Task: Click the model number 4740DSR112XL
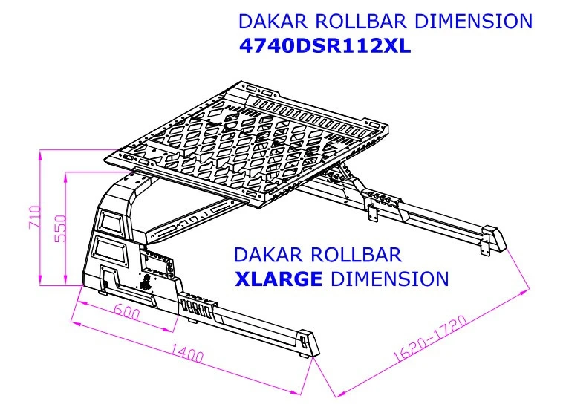pos(325,46)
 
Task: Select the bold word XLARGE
pos(279,279)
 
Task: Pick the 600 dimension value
pos(128,313)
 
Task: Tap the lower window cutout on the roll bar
pos(109,249)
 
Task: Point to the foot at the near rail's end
pos(307,345)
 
